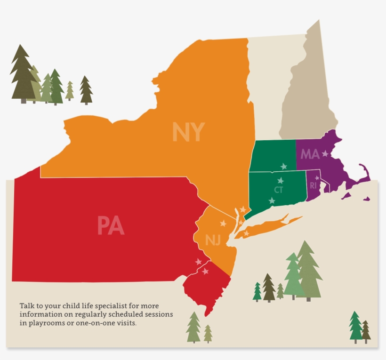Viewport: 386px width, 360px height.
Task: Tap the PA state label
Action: [111, 225]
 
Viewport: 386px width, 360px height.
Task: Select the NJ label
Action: [213, 241]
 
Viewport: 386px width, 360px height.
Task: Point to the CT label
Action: [278, 190]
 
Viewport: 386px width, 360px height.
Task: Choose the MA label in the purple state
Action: [310, 154]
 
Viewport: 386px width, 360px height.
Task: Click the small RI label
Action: [313, 186]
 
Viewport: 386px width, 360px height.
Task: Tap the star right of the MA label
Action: [325, 153]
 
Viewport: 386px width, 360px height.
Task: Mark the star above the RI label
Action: [317, 178]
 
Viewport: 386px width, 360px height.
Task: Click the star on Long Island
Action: [246, 233]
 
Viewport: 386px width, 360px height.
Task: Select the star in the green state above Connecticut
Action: [283, 166]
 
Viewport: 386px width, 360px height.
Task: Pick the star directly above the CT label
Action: [281, 180]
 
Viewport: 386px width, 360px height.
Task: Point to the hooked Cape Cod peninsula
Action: [365, 173]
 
